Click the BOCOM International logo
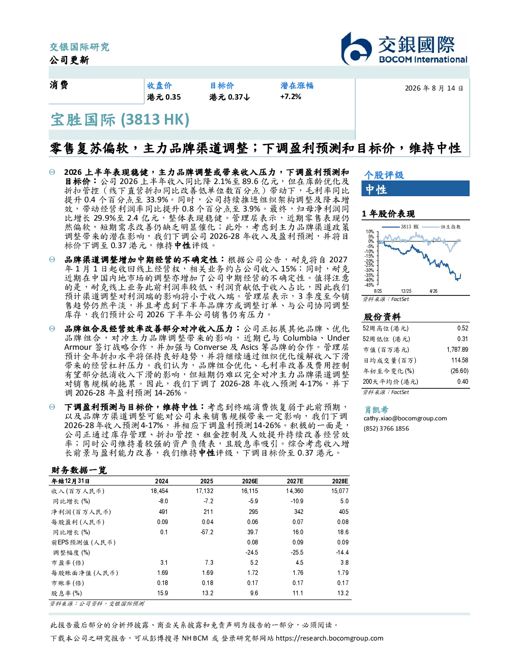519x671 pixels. coord(404,48)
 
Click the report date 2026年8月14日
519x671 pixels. coord(434,88)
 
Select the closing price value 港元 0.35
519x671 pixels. coord(164,97)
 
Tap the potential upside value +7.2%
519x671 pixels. coord(291,97)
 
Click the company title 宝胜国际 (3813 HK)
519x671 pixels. coord(120,119)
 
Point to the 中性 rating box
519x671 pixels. coord(415,189)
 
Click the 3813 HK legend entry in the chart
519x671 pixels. coord(400,227)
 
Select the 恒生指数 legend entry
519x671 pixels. coord(442,227)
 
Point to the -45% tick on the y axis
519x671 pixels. coord(369,285)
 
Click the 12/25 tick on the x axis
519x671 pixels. coord(406,291)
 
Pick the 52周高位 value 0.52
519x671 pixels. coord(463,328)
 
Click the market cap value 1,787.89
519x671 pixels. coord(457,350)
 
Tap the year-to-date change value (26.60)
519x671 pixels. coord(459,371)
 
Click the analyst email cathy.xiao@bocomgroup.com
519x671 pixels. coord(405,418)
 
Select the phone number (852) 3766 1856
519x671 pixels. coord(386,429)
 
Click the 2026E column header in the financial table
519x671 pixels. coord(250,481)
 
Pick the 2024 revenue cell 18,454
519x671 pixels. coord(159,491)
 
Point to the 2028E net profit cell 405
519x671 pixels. coord(343,512)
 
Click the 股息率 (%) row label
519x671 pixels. coord(67,593)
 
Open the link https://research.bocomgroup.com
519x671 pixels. coord(329,638)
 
